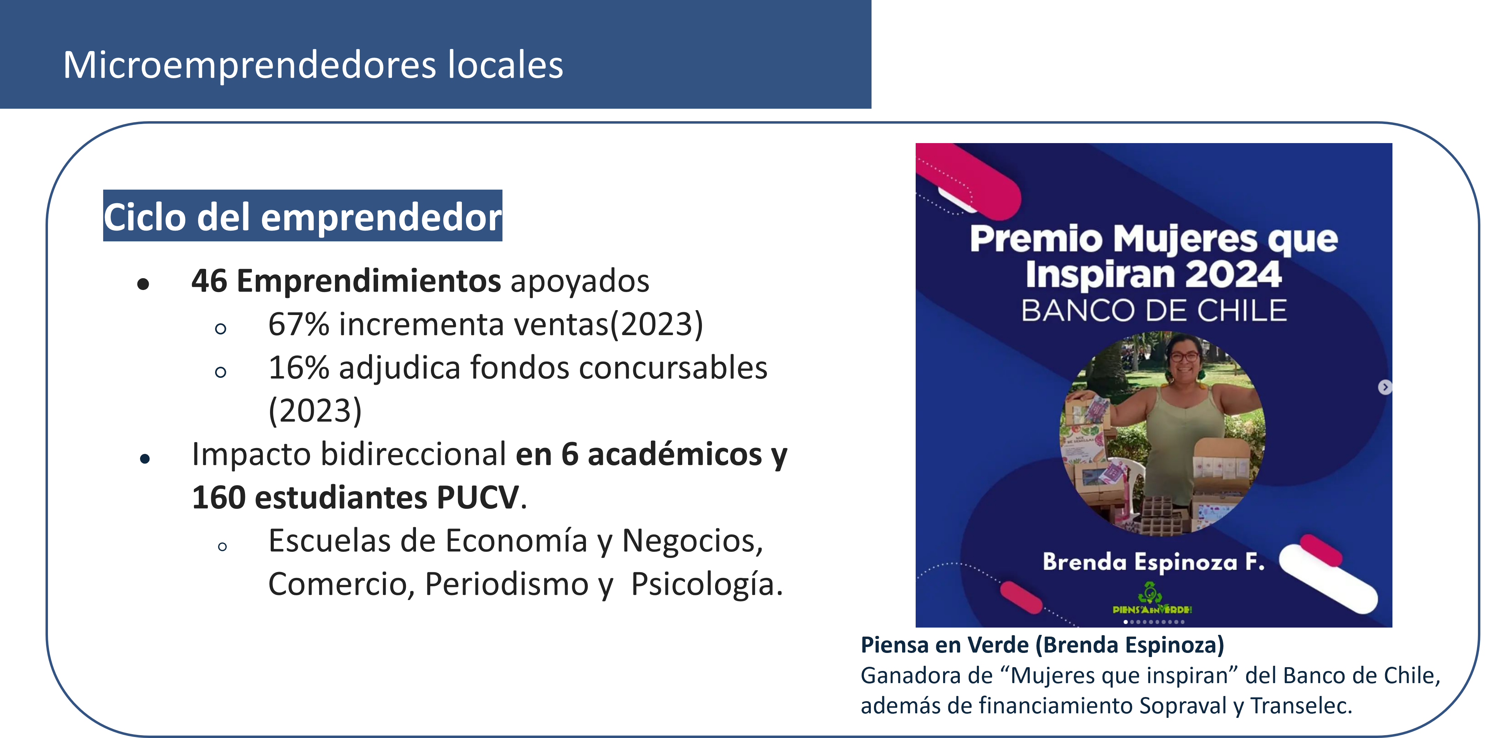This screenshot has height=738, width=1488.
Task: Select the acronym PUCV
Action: (x=478, y=497)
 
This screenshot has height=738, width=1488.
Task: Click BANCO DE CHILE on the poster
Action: (x=1154, y=311)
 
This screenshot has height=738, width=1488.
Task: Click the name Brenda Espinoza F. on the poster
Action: (x=1154, y=561)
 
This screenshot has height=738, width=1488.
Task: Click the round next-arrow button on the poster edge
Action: (x=1384, y=387)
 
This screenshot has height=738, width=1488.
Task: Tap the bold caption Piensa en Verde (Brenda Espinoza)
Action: (x=1042, y=645)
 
